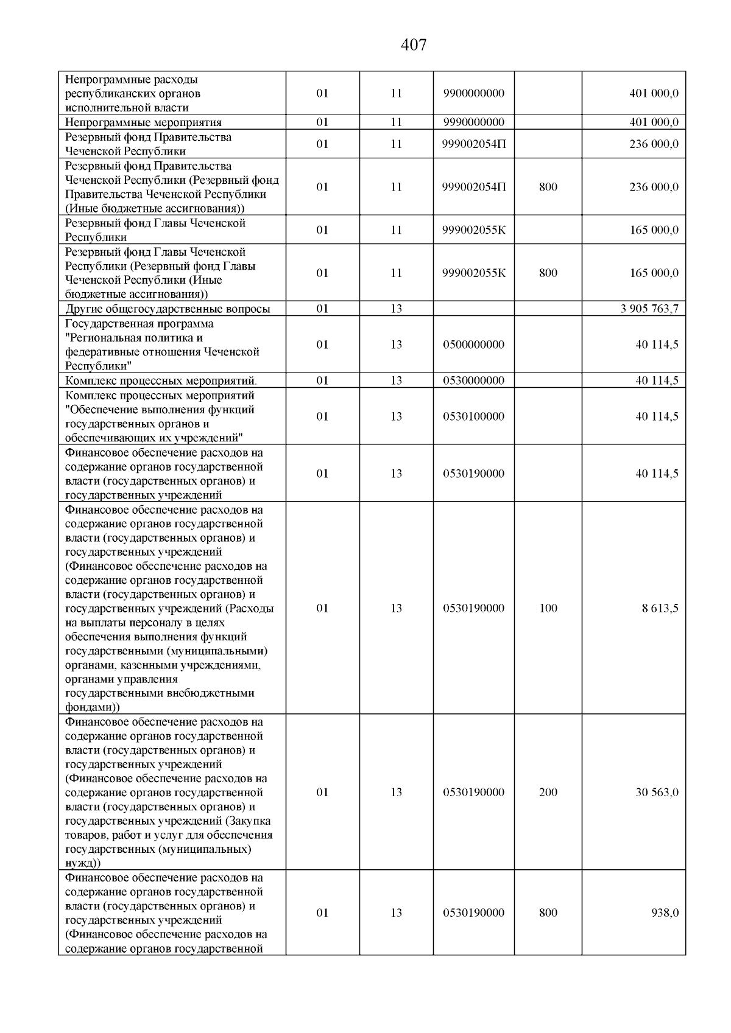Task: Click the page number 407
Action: point(414,45)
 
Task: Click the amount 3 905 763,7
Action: point(649,309)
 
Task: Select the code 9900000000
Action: point(474,94)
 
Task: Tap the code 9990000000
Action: point(474,122)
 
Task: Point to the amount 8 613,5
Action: point(660,608)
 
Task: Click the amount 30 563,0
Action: point(657,792)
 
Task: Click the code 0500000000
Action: point(474,345)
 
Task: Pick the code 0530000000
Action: point(474,380)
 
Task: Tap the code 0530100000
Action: point(474,416)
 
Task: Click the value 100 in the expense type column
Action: point(548,608)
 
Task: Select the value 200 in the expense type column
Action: point(548,792)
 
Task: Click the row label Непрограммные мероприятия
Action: point(143,122)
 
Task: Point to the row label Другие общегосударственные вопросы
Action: point(168,309)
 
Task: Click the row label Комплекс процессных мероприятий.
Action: point(161,381)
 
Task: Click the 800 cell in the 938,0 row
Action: point(548,912)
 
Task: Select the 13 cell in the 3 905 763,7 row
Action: point(397,309)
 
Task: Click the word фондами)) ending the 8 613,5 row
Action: point(93,707)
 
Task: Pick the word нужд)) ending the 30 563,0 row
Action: point(83,863)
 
